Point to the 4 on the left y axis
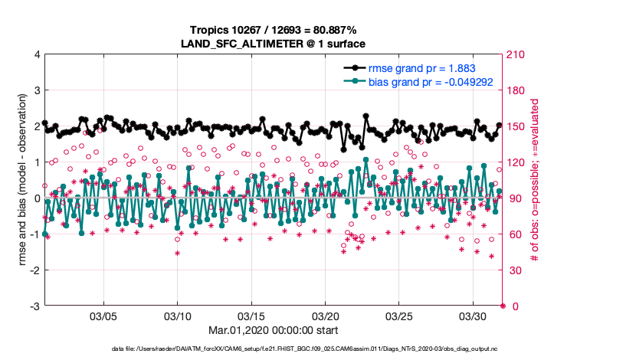tap(36, 54)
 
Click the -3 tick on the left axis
tap(34, 306)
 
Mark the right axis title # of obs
tap(536, 180)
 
